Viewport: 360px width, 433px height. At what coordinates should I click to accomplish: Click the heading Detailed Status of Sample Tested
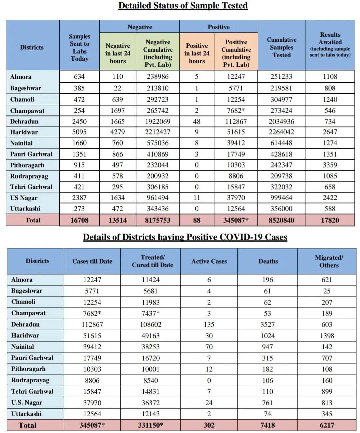click(x=183, y=6)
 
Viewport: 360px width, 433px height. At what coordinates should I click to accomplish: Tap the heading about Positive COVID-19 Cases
click(x=185, y=237)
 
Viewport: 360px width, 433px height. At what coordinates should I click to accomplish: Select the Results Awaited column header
click(x=330, y=45)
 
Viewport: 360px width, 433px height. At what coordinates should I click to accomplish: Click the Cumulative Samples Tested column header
click(x=282, y=47)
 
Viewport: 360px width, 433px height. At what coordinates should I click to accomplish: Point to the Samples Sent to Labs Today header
click(x=79, y=47)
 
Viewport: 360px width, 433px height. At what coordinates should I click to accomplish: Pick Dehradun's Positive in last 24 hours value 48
click(x=197, y=121)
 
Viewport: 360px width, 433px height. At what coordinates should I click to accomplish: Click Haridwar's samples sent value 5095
click(x=79, y=132)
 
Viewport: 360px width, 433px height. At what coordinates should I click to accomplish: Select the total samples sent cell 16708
click(x=79, y=220)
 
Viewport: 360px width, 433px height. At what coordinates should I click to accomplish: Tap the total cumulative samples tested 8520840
click(x=281, y=220)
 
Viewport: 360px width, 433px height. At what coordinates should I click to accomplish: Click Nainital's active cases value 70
click(x=209, y=347)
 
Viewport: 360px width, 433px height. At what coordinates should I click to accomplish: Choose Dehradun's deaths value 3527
click(x=268, y=325)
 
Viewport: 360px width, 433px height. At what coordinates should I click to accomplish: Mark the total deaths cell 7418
click(x=268, y=425)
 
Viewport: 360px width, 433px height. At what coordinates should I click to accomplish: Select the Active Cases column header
click(x=209, y=262)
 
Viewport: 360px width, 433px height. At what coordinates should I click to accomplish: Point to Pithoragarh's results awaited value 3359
click(x=330, y=165)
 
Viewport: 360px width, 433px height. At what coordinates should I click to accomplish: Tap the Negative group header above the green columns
click(x=140, y=27)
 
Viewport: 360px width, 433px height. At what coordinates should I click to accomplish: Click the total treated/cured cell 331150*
click(x=151, y=425)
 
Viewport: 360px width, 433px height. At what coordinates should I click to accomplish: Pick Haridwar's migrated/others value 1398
click(x=327, y=336)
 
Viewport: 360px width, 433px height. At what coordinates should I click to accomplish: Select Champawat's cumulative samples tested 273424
click(x=281, y=111)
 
